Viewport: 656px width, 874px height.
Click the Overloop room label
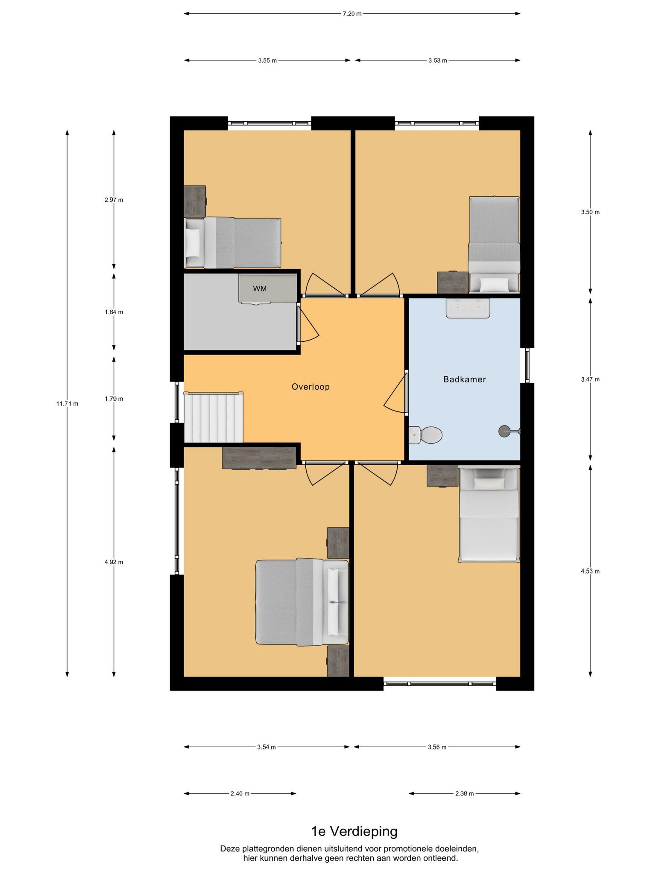310,387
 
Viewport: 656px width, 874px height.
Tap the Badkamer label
465,379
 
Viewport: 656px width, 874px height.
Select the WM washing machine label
260,289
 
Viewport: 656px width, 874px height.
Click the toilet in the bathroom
425,435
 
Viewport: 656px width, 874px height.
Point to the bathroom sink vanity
468,308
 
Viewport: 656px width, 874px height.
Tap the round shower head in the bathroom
504,431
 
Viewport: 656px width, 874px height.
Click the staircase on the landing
214,417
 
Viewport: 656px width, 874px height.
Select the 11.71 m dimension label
67,403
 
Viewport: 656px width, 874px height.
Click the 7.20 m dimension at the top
352,14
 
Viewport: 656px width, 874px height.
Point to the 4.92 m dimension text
114,562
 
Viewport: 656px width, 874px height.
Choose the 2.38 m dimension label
465,794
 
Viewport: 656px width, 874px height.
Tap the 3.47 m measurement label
590,379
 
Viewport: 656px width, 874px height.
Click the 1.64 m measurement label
114,312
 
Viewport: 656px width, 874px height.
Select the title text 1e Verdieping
354,831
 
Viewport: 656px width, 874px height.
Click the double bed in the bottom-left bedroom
302,602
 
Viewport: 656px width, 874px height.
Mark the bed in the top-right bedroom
494,245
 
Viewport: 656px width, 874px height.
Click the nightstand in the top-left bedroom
195,201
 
